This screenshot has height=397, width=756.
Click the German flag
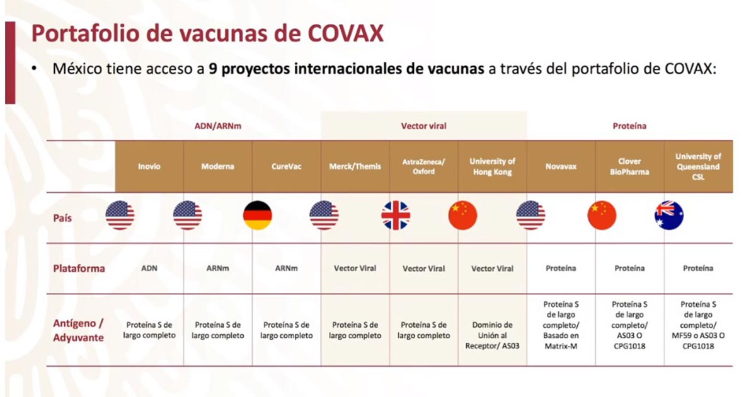tap(257, 216)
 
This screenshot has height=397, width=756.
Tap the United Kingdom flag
tap(395, 216)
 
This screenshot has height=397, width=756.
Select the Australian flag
tap(669, 216)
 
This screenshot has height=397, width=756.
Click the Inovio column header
tap(149, 166)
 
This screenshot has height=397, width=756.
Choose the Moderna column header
tap(218, 166)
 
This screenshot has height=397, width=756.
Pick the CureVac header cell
tap(287, 166)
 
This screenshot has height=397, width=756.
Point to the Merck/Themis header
tap(355, 166)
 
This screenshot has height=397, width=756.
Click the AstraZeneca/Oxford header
tap(424, 166)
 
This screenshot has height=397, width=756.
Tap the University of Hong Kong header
tap(493, 166)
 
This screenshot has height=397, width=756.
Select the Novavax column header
tap(561, 166)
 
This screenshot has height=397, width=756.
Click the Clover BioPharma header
tap(629, 166)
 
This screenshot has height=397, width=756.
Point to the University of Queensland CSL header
tap(698, 166)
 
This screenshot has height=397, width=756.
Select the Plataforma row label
tap(78, 268)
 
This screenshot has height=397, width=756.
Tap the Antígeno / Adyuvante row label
tap(78, 330)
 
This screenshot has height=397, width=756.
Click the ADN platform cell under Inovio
tap(149, 268)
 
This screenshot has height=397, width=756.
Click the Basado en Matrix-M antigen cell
tap(561, 325)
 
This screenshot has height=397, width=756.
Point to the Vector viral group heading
tap(423, 126)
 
